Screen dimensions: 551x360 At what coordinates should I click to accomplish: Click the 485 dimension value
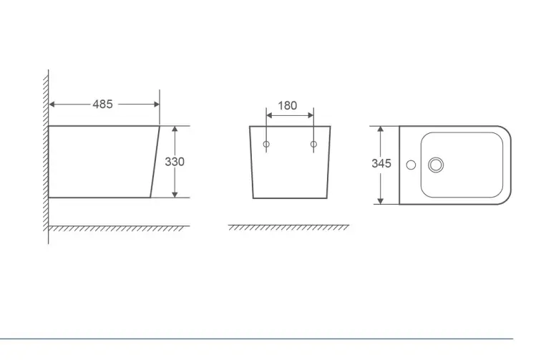(x=102, y=104)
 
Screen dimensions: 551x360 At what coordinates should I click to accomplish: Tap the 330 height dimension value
(x=175, y=162)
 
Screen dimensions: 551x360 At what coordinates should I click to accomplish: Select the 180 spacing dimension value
(x=288, y=105)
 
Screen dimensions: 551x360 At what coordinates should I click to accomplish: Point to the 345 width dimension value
(x=381, y=163)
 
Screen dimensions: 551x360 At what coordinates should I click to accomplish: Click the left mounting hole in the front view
(x=266, y=144)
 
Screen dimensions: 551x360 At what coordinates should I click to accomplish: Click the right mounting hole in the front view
(x=314, y=144)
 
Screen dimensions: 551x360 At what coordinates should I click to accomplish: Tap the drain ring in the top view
(x=436, y=165)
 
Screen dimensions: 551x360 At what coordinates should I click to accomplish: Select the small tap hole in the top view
(x=411, y=165)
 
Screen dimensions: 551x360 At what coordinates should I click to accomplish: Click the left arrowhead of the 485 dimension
(x=52, y=104)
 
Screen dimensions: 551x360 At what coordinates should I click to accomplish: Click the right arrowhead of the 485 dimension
(x=157, y=104)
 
